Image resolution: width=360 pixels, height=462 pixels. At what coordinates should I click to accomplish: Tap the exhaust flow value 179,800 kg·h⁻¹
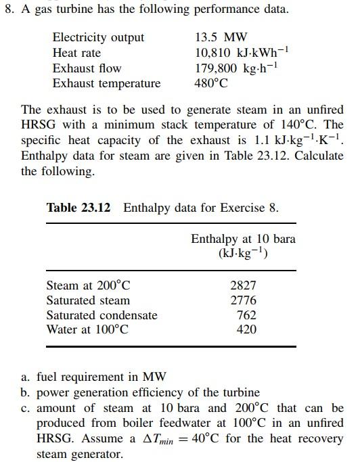(x=237, y=68)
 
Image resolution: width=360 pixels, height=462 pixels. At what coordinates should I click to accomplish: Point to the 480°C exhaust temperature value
(x=211, y=84)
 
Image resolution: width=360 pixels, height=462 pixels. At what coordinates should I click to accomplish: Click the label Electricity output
(x=98, y=38)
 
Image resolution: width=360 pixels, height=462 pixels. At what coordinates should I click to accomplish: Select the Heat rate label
(x=76, y=53)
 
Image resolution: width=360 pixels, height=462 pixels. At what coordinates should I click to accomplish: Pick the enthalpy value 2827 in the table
(x=244, y=286)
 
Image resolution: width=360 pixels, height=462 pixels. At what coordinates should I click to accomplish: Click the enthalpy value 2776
(x=244, y=300)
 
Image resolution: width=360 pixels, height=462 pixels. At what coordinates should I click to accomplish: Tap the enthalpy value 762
(x=246, y=315)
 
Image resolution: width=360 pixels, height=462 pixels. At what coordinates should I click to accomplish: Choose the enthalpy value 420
(x=246, y=329)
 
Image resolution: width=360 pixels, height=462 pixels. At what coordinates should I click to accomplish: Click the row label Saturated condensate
(x=102, y=315)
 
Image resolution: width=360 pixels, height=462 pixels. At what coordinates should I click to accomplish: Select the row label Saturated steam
(x=88, y=300)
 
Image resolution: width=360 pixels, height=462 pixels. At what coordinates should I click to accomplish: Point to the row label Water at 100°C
(x=87, y=329)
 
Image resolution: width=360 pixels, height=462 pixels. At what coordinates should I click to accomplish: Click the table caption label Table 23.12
(x=78, y=207)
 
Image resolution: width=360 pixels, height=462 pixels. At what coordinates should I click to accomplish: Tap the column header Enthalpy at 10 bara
(x=243, y=239)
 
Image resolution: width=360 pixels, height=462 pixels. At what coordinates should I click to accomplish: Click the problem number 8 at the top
(x=7, y=9)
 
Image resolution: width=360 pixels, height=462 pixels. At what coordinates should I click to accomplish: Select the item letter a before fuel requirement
(x=24, y=377)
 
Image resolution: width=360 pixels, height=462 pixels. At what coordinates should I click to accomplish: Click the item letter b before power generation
(x=24, y=392)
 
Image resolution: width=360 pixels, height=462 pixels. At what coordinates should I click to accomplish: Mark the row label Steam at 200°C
(x=88, y=286)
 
